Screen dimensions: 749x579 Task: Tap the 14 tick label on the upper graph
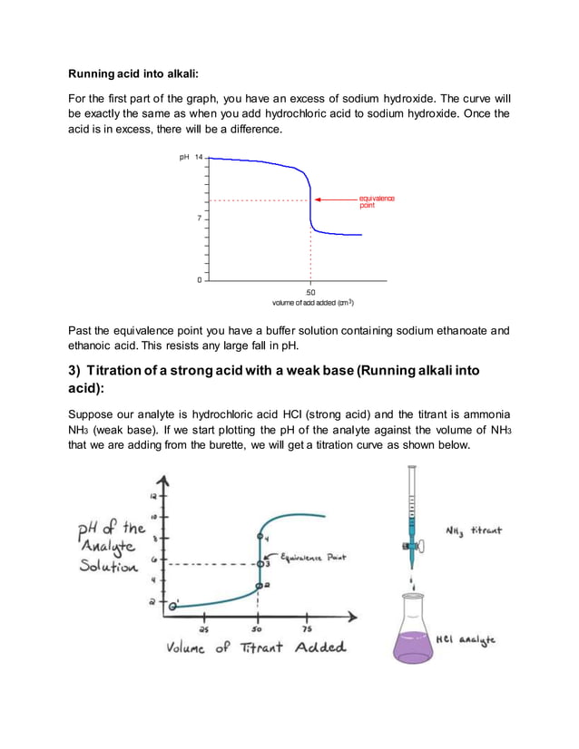point(197,157)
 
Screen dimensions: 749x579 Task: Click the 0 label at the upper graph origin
point(200,280)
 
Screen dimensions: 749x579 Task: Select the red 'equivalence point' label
point(377,201)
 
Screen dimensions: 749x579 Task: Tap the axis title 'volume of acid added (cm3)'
point(312,303)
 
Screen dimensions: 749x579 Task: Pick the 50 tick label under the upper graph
point(311,292)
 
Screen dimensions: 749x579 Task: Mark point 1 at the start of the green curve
point(172,606)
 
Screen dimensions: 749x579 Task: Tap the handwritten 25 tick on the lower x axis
point(206,628)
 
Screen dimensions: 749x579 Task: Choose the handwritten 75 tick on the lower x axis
point(307,628)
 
